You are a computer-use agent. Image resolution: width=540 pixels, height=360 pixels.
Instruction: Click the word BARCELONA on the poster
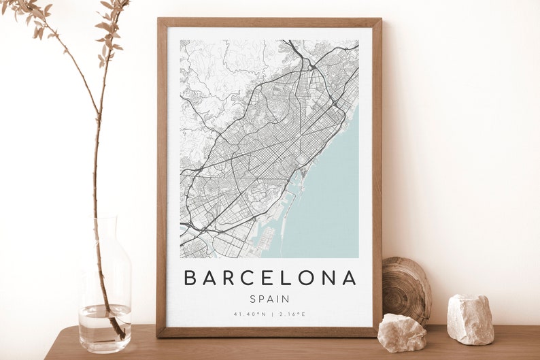270,278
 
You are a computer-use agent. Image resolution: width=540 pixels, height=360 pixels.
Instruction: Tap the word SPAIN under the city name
270,299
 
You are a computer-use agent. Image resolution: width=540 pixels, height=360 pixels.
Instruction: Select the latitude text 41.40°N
248,314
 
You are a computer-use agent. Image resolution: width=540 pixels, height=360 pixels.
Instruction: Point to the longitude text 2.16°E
292,314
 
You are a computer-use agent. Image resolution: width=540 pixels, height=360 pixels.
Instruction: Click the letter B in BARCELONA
190,278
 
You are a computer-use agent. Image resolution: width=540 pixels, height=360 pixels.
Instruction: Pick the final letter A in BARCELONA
349,278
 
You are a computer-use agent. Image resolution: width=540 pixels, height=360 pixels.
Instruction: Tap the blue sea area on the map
326,204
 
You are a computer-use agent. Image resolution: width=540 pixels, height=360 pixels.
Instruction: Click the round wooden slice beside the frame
406,289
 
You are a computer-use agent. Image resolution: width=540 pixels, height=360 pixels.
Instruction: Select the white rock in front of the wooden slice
401,333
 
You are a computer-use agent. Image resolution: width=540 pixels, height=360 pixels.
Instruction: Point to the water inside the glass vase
105,328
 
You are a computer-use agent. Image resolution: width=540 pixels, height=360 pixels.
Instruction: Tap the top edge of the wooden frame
269,22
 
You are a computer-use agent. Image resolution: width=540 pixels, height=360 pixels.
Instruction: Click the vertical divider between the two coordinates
271,314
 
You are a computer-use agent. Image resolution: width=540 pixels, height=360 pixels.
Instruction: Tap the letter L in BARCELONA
288,278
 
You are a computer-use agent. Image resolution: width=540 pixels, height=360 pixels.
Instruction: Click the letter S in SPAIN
253,299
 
